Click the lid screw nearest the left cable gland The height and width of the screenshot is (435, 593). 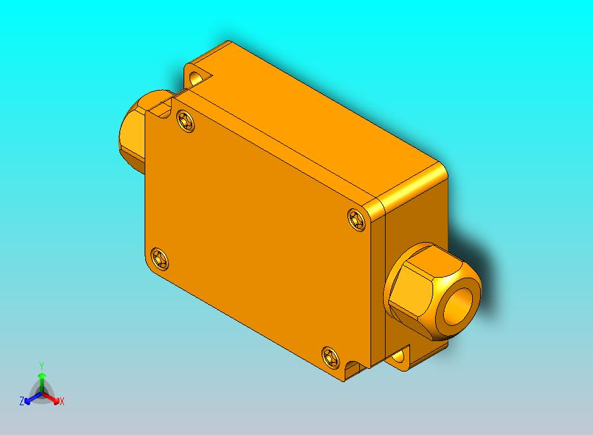coord(186,122)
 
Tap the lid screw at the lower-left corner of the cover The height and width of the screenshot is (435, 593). coord(159,258)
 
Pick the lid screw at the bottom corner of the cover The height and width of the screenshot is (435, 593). coord(330,357)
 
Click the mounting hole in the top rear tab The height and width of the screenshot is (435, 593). coord(196,79)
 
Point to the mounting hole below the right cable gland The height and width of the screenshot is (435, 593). coord(398,357)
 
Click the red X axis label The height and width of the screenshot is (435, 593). coord(61,401)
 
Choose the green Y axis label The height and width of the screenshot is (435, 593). coord(42,366)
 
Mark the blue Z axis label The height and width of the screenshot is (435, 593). coord(22,401)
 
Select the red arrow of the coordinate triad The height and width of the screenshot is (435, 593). coord(53,398)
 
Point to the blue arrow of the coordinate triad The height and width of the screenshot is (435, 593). coord(30,398)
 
